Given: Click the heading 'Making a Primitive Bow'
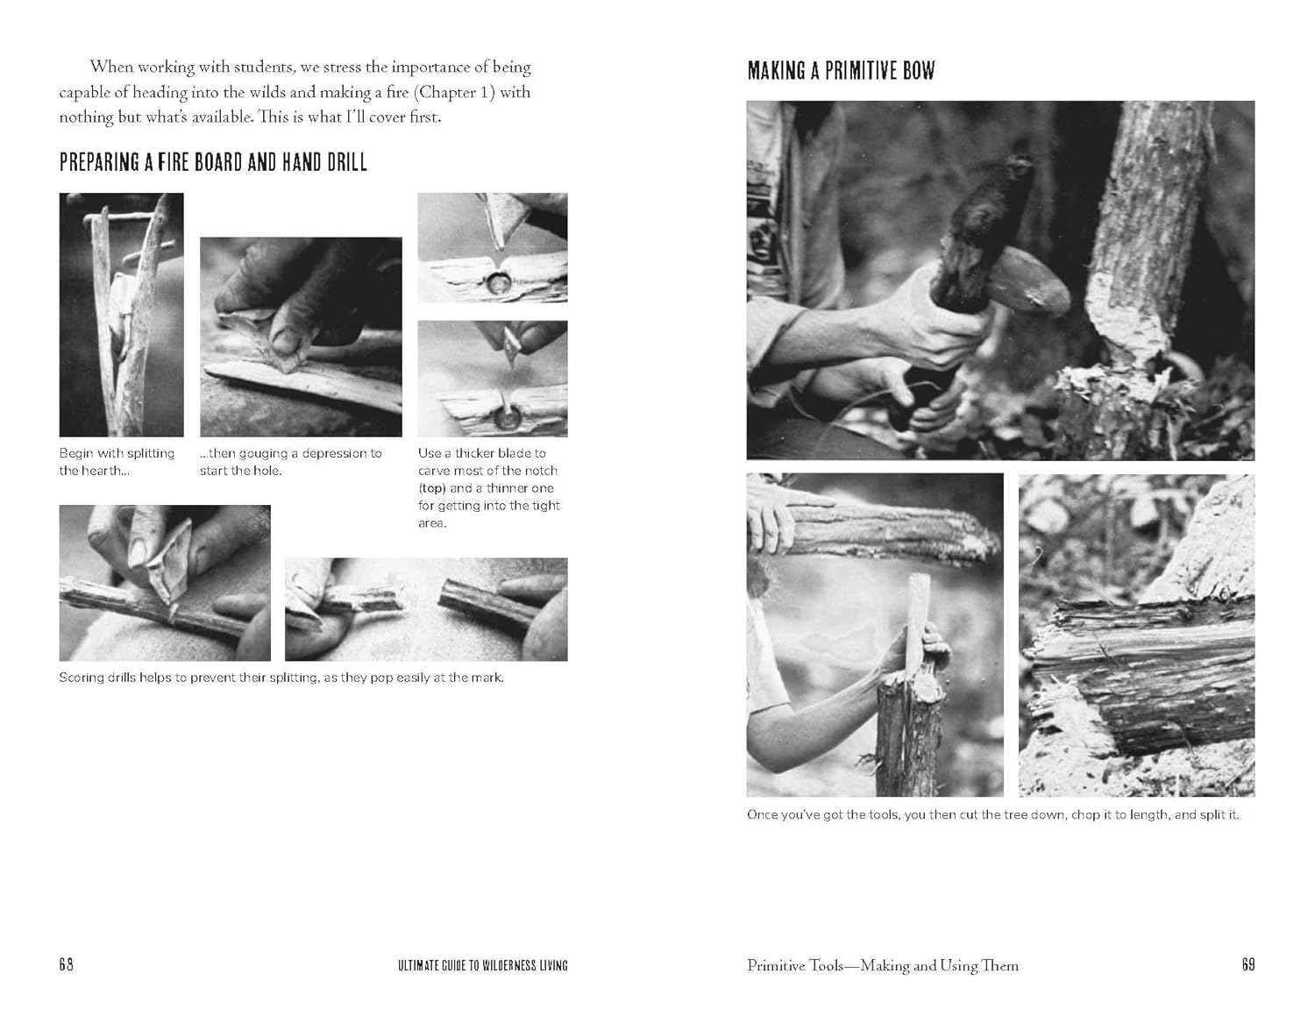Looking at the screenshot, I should [841, 71].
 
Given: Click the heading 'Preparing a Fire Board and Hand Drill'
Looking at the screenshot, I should [213, 162].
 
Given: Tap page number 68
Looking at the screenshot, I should [67, 964].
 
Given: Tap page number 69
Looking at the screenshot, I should [1247, 964].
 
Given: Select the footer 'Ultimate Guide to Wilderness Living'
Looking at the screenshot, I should [482, 965].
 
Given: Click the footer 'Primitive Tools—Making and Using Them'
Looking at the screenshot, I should [882, 965].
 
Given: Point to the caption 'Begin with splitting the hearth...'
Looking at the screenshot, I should [117, 462].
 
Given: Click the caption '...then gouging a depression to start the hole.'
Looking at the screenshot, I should [290, 462].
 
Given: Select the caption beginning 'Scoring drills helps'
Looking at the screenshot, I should [281, 678].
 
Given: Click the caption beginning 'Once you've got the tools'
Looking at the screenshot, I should [992, 814].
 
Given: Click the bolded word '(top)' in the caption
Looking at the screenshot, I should [432, 488].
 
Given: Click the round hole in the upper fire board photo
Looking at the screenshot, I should [501, 281].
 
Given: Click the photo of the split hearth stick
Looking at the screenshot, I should [121, 315].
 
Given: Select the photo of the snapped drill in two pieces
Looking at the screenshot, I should [426, 609].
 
